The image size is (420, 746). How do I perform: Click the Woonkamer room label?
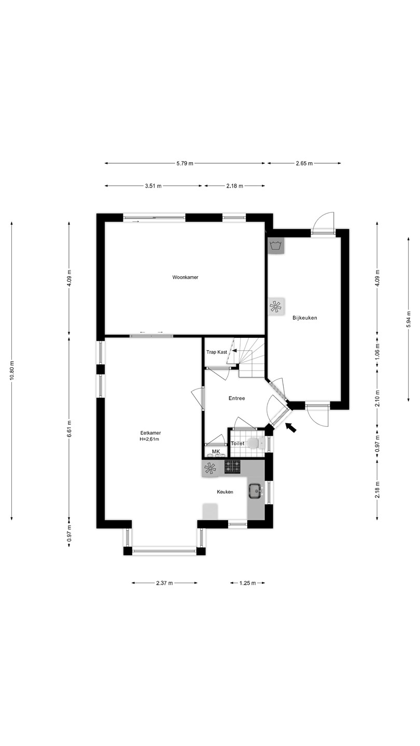185,277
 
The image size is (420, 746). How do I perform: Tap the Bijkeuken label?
305,318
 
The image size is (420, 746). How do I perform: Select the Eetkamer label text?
150,433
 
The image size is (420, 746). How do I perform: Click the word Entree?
236,398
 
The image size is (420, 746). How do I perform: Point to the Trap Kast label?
217,352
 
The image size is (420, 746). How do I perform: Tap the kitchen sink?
255,491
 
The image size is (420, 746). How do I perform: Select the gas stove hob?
232,467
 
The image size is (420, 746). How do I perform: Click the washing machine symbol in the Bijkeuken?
276,246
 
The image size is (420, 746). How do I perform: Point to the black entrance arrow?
291,427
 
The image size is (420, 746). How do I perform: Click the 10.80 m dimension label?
11,370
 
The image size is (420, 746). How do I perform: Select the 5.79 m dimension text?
185,163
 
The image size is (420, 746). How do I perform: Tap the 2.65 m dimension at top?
304,163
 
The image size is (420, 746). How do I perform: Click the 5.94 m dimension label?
409,319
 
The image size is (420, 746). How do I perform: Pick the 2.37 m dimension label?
164,583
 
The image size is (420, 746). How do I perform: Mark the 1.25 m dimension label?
247,583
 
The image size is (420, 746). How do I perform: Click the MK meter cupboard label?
216,452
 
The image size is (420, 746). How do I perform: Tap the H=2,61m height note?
149,439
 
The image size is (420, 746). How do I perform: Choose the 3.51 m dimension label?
153,186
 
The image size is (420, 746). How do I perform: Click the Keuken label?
225,492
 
